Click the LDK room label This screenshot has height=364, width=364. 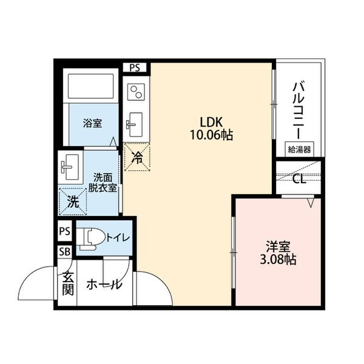click(x=211, y=122)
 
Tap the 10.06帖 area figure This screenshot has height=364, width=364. click(x=212, y=135)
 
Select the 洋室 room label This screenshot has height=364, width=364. click(x=278, y=247)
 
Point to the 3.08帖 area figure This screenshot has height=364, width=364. click(x=278, y=260)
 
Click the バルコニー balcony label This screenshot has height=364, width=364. click(x=298, y=110)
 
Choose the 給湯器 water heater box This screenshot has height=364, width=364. click(x=300, y=149)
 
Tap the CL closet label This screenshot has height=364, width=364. click(x=299, y=179)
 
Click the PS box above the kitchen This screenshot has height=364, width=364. click(x=135, y=68)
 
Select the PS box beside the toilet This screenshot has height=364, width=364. click(x=65, y=231)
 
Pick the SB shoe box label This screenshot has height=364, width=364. click(x=65, y=252)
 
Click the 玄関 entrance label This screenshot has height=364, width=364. click(x=68, y=283)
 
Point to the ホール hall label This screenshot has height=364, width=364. click(x=104, y=285)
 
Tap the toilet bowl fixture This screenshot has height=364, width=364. click(x=90, y=238)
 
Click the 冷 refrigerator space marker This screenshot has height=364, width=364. click(x=137, y=157)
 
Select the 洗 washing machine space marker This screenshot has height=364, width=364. click(x=73, y=201)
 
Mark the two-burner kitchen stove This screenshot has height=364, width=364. click(x=136, y=92)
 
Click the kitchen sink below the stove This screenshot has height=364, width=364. click(x=135, y=125)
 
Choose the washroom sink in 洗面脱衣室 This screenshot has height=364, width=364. click(x=70, y=167)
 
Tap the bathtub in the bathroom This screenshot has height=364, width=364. click(x=91, y=86)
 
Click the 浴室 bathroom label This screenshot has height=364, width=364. click(x=93, y=123)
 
